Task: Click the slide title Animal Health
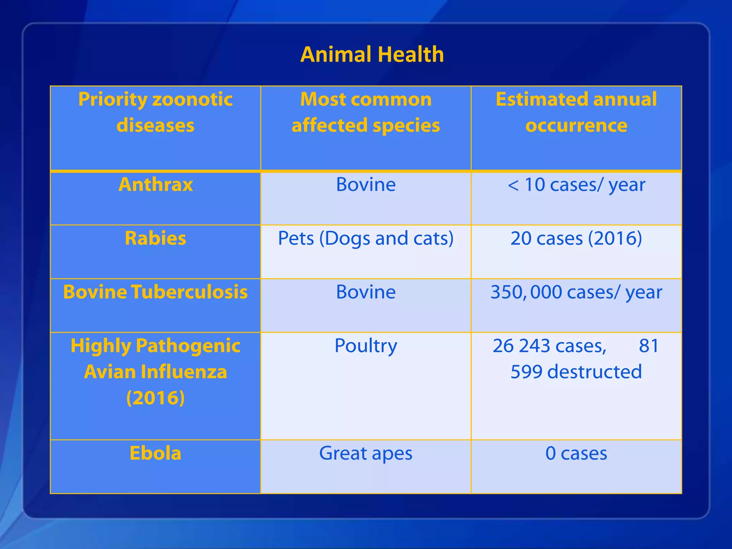coord(372,54)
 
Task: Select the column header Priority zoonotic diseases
coord(155,112)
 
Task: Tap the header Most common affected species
coord(366,112)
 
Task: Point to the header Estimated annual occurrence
coord(576,112)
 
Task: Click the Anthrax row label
coord(155,184)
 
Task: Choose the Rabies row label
coord(155,238)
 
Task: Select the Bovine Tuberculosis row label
coord(155,292)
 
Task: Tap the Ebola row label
coord(155,453)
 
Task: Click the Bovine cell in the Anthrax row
coord(366,184)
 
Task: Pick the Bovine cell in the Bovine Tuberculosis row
coord(366,292)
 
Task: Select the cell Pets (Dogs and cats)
coord(366,238)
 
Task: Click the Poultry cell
coord(366,346)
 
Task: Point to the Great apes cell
coord(366,453)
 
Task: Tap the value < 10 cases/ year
coord(576,184)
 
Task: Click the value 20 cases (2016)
coord(576,238)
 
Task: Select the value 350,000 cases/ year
coord(576,292)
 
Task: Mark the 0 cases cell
coord(576,453)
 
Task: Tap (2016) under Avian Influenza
coord(155,398)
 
